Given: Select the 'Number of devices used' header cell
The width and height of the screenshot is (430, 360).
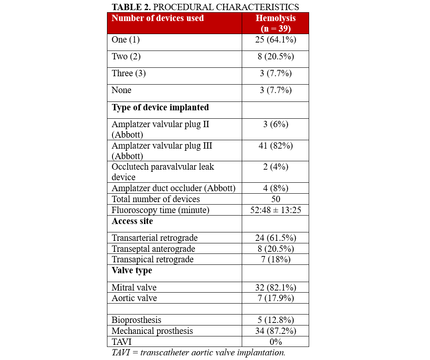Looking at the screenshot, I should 158,18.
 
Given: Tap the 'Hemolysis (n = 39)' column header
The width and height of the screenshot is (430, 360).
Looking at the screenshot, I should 275,23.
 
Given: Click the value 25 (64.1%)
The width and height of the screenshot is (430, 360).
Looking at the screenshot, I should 275,40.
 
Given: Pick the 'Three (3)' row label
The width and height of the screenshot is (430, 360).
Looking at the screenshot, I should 128,73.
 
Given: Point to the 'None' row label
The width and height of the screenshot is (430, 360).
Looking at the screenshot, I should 121,90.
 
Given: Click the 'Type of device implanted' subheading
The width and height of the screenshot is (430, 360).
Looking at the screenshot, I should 160,107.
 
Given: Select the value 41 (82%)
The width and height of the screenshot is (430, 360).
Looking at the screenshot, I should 275,146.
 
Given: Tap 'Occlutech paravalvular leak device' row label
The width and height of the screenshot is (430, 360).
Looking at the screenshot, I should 163,172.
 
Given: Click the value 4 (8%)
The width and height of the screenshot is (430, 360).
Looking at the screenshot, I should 275,188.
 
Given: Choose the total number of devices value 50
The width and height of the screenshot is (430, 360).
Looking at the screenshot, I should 275,199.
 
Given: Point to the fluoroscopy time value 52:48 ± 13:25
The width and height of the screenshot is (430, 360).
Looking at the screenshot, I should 275,210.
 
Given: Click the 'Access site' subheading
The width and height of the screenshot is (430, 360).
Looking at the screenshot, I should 132,221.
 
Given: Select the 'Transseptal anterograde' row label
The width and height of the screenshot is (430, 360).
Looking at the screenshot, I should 153,249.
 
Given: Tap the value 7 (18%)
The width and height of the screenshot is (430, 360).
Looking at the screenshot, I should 275,259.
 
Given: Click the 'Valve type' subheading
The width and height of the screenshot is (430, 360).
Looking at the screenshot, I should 132,270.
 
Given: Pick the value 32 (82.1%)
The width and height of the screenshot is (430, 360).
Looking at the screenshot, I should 275,288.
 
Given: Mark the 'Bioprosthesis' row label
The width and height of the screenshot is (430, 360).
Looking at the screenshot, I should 136,320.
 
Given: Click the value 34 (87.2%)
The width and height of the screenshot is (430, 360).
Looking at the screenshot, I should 275,331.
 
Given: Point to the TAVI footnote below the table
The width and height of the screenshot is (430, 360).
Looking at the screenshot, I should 198,352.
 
